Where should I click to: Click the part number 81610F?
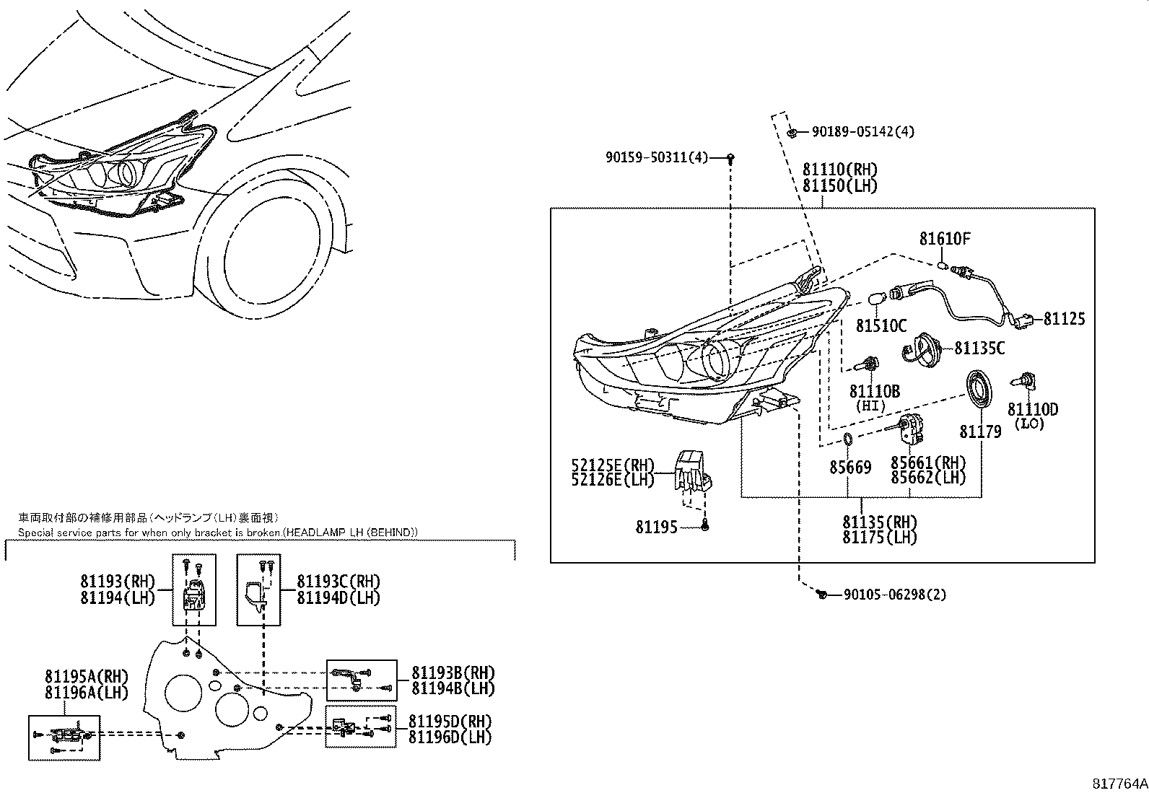pyautogui.click(x=945, y=239)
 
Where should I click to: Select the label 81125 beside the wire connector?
pyautogui.click(x=1064, y=319)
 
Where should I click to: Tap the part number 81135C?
pyautogui.click(x=979, y=349)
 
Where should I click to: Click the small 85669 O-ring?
pyautogui.click(x=848, y=441)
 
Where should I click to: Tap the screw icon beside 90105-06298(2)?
pyautogui.click(x=821, y=595)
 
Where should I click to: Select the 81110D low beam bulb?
pyautogui.click(x=1024, y=382)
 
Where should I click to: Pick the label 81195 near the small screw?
pyautogui.click(x=656, y=527)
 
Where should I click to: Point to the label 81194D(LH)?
pyautogui.click(x=338, y=597)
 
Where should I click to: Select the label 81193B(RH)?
pyautogui.click(x=453, y=672)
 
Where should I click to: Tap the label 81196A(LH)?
pyautogui.click(x=86, y=693)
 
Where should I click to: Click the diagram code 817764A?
pyautogui.click(x=1118, y=783)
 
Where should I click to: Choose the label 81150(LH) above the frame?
pyautogui.click(x=839, y=186)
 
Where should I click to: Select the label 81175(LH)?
pyautogui.click(x=879, y=538)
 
